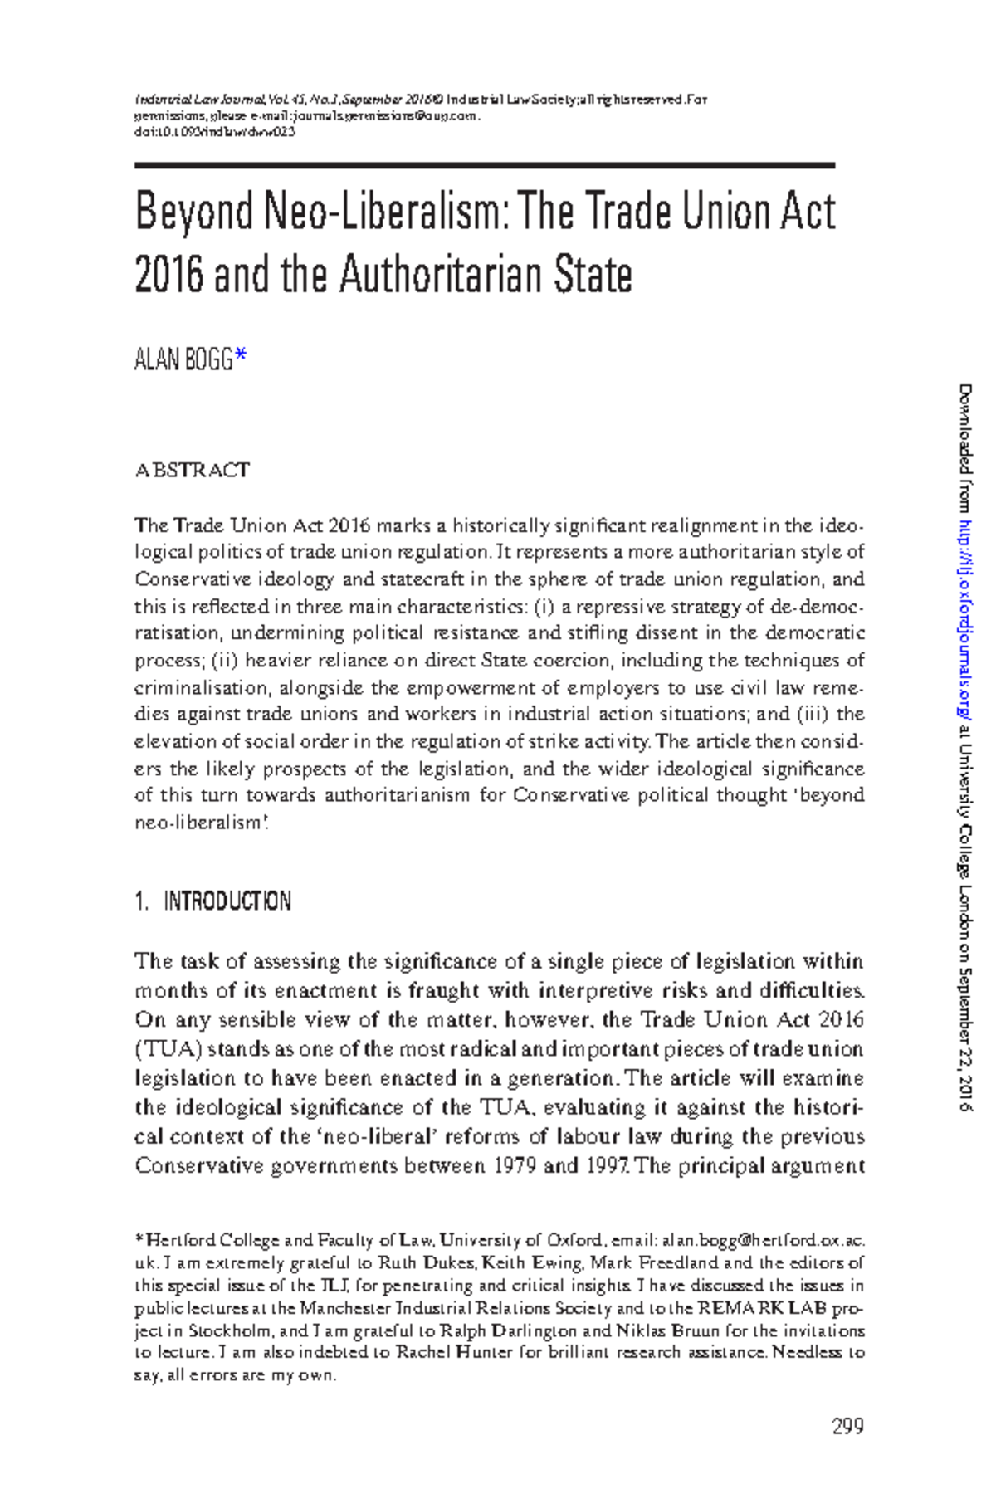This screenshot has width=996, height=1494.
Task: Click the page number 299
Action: (847, 1427)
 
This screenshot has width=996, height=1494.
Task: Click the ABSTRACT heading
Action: (192, 471)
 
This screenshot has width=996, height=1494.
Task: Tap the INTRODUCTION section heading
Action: (227, 901)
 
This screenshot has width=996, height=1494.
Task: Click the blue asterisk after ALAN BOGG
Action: (241, 358)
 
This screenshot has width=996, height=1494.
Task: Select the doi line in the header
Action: (215, 131)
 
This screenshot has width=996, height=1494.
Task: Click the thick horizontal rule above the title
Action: (484, 166)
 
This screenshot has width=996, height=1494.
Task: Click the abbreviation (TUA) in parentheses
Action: (168, 1049)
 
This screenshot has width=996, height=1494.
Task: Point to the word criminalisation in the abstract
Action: (201, 687)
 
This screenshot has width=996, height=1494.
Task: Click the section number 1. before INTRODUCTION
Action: (141, 901)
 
